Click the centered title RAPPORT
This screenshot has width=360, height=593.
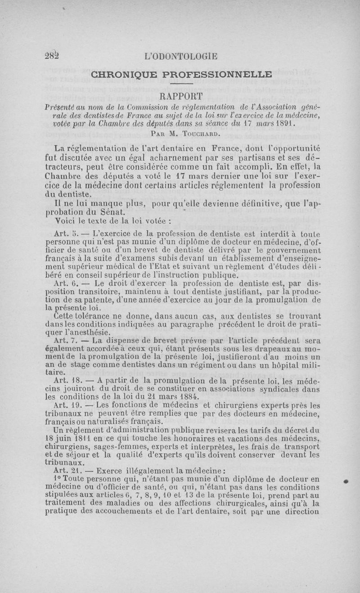[181, 96]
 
